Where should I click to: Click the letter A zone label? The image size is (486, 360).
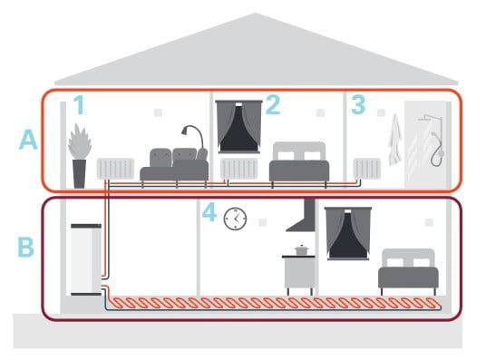coord(30,142)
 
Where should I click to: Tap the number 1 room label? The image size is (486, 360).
coord(79,106)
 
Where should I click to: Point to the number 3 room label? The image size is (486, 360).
coord(358,106)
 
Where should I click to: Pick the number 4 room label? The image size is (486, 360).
coord(209,215)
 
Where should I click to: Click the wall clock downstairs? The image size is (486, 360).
coord(235,218)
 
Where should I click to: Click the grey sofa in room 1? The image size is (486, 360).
coord(175,165)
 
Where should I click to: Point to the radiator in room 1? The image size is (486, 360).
coord(116,169)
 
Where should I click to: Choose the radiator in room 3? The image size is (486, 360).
coord(366,170)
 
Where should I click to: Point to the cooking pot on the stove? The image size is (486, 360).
coord(301,248)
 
